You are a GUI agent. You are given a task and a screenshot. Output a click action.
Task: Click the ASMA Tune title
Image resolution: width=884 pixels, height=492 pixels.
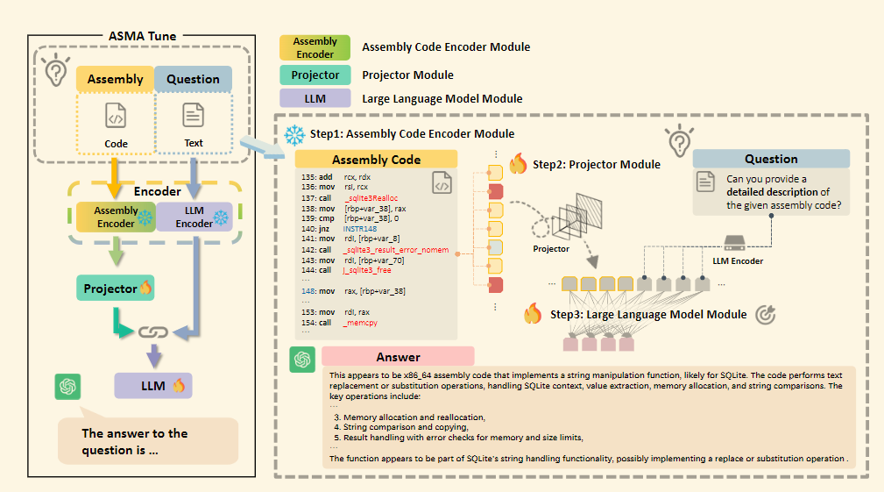[x=141, y=36]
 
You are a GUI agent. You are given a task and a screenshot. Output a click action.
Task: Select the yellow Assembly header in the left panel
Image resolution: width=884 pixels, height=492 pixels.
[x=116, y=79]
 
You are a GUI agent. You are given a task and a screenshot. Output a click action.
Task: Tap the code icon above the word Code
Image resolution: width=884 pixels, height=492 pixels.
[x=116, y=116]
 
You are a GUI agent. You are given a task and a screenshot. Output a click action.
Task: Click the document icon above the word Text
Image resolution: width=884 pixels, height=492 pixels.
[x=193, y=115]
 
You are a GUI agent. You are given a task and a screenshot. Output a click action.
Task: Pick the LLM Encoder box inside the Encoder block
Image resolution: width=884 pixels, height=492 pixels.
[x=194, y=217]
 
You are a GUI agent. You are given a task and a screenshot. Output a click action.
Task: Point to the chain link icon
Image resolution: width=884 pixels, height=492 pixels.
[x=154, y=332]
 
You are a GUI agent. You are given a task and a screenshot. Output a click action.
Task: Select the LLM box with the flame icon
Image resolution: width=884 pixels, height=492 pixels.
[x=152, y=384]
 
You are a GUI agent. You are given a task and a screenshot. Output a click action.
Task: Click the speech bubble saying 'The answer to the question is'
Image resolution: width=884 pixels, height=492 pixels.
[x=147, y=440]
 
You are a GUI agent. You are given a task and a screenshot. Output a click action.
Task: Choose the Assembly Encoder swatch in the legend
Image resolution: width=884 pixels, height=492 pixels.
[x=315, y=47]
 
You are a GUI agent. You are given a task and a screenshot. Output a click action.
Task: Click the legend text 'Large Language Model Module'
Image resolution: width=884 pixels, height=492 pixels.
[x=442, y=98]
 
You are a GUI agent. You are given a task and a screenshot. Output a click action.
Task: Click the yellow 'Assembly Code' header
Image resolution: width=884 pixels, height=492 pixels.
[x=376, y=160]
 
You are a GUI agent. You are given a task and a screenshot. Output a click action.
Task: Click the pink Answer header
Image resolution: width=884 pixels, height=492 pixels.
[x=398, y=357]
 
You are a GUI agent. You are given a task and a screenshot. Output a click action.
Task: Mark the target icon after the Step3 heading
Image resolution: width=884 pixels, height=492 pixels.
[x=765, y=314]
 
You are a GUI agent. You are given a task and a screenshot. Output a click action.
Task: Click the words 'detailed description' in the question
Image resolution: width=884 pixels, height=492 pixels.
[x=772, y=192]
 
